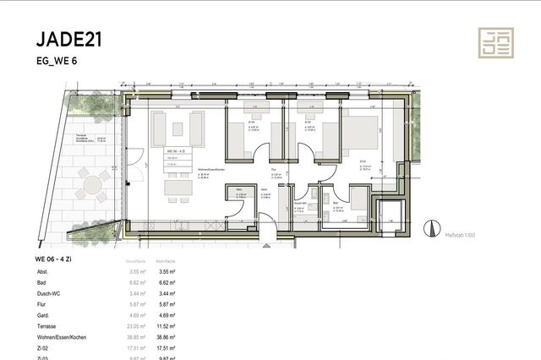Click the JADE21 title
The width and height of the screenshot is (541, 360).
click(x=70, y=39)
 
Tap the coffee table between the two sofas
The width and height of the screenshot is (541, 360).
click(x=178, y=129)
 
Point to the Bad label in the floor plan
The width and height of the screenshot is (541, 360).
click(x=337, y=203)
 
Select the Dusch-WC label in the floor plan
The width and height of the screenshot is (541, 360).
click(x=301, y=203)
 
